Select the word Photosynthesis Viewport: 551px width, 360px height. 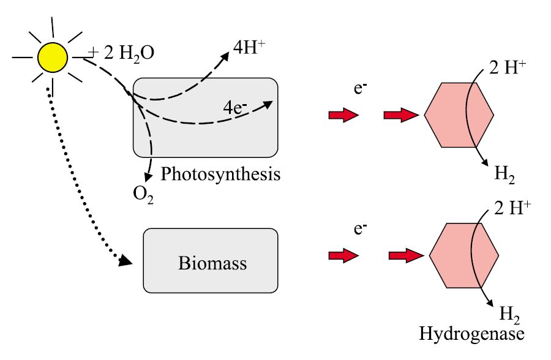click(220, 174)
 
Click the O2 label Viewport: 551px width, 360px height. click(143, 195)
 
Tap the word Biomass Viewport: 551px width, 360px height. click(212, 263)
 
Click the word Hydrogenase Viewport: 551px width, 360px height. click(471, 334)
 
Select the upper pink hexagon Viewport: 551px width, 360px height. click(459, 114)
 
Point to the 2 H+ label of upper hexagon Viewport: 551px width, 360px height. click(508, 69)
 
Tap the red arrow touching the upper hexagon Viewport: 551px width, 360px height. click(401, 115)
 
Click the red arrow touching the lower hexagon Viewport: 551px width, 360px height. click(406, 255)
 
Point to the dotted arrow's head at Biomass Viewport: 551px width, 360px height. click(126, 261)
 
